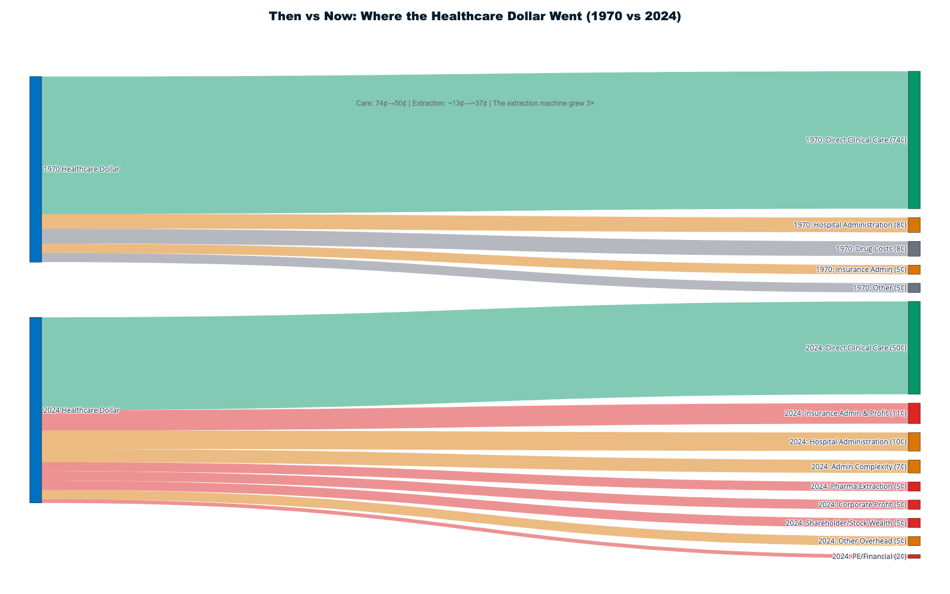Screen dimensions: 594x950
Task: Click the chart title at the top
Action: pyautogui.click(x=475, y=17)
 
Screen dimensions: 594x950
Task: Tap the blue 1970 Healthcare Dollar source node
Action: pyautogui.click(x=36, y=169)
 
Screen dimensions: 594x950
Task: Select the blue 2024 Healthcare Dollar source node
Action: pyautogui.click(x=36, y=410)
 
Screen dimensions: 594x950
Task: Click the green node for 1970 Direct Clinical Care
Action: pyautogui.click(x=914, y=140)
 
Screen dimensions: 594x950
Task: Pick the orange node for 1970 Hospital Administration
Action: pyautogui.click(x=914, y=225)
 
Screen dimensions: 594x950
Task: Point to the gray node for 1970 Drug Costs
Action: pyautogui.click(x=914, y=249)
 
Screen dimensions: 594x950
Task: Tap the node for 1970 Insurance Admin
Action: pyautogui.click(x=914, y=270)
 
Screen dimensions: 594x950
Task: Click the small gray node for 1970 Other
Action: pyautogui.click(x=914, y=288)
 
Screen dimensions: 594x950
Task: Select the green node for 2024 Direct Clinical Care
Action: pyautogui.click(x=914, y=347)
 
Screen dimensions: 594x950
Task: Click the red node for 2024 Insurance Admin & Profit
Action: pyautogui.click(x=914, y=413)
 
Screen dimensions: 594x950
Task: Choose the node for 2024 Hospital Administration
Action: pyautogui.click(x=914, y=442)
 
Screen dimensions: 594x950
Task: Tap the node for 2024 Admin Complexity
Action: pyautogui.click(x=914, y=466)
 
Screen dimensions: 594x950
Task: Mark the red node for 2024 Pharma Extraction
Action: pyautogui.click(x=914, y=486)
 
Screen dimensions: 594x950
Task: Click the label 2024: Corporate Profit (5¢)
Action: pyautogui.click(x=862, y=505)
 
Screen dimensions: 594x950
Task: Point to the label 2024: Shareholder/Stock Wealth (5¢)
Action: pyautogui.click(x=846, y=523)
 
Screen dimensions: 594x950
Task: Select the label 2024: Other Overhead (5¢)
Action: pyautogui.click(x=862, y=541)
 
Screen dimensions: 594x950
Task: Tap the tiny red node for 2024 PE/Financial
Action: pyautogui.click(x=914, y=557)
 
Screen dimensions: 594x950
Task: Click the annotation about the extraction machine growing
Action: pyautogui.click(x=475, y=103)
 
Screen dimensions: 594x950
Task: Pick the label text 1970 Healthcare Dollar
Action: pyautogui.click(x=81, y=169)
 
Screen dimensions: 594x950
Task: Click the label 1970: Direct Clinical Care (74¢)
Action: pyautogui.click(x=856, y=140)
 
